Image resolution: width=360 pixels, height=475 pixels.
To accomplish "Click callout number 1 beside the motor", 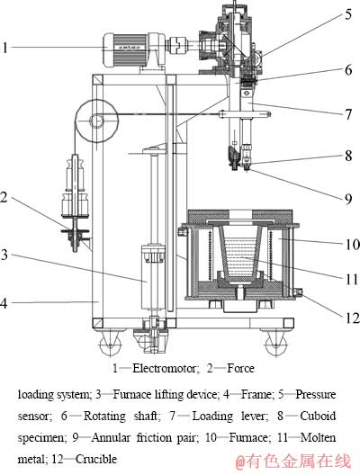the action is click(4, 48).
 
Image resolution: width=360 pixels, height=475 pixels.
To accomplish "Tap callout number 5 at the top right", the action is click(348, 13).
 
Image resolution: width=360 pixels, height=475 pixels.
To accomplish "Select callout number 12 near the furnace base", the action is click(352, 318).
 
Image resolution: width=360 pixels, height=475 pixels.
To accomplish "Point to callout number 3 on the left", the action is click(4, 255).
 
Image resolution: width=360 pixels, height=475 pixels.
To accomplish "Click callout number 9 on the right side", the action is click(348, 199).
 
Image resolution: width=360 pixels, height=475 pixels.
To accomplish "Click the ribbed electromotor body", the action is click(125, 50).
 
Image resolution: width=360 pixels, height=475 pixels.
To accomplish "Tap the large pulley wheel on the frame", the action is click(97, 121).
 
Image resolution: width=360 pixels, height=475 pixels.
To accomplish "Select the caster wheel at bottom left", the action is click(110, 343).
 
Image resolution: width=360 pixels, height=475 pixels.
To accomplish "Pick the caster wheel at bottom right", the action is click(275, 343).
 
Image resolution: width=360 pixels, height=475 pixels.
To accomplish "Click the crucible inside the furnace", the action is click(240, 253).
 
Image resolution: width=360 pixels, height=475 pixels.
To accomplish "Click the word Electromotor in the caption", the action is click(166, 368).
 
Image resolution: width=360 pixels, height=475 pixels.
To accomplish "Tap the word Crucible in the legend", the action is click(96, 459).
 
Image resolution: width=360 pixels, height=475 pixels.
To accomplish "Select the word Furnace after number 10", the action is click(248, 437).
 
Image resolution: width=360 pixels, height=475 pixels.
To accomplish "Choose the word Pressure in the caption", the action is click(316, 394).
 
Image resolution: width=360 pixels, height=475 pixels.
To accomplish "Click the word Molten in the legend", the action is click(318, 437).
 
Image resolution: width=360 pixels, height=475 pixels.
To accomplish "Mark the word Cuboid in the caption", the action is click(318, 416).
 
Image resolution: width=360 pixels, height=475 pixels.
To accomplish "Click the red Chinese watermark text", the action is click(293, 462).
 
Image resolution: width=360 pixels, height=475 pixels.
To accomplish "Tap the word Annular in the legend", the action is click(111, 437).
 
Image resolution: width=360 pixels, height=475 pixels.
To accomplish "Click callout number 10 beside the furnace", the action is click(352, 244).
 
